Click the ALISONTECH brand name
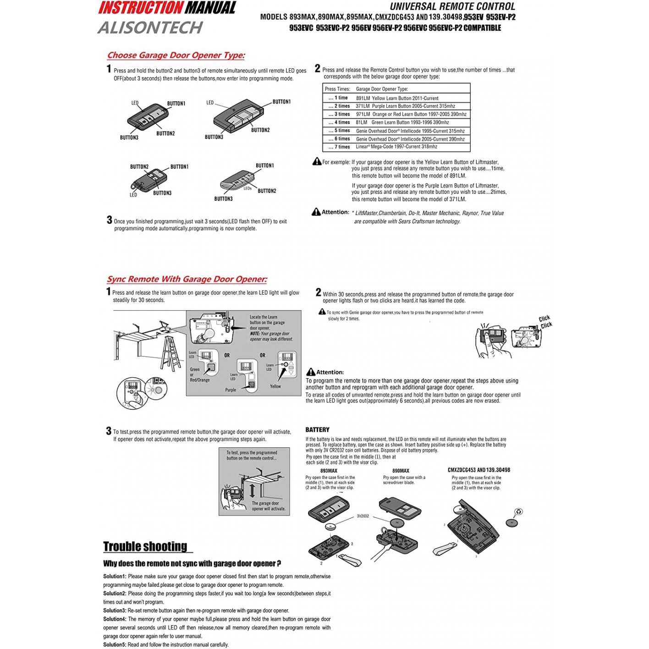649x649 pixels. tap(150, 27)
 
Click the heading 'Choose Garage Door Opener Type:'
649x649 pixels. tap(176, 55)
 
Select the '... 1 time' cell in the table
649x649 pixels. tap(338, 98)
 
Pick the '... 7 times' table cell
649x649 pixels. tap(339, 147)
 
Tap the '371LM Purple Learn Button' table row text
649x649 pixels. tap(405, 106)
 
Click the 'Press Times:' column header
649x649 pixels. tap(337, 89)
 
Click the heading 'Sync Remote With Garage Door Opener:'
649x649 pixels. tap(187, 279)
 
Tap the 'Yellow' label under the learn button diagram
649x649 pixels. tap(275, 386)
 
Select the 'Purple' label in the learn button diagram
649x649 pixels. tap(231, 390)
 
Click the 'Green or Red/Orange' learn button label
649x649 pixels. tap(199, 375)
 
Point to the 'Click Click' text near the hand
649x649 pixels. tap(545, 322)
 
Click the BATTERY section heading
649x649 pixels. tap(317, 430)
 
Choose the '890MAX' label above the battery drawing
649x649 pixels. tap(401, 471)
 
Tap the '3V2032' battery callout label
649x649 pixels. tap(363, 516)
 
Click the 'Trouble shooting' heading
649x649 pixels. tap(145, 547)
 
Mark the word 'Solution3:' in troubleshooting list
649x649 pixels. tap(115, 611)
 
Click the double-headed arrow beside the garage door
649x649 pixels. tap(252, 490)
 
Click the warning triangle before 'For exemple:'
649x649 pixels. tap(317, 161)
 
